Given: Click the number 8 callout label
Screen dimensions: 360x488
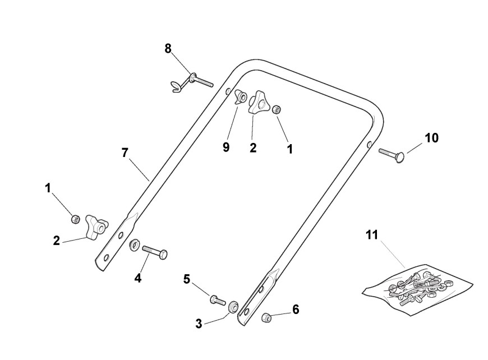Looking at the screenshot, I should click(x=168, y=48).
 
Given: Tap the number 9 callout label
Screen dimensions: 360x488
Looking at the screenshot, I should click(x=226, y=147).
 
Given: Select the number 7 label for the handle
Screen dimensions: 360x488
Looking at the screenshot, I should click(x=125, y=153).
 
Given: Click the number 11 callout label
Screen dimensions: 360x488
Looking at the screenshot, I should click(x=372, y=236).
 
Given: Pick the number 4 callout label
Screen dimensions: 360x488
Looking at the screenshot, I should click(x=137, y=277).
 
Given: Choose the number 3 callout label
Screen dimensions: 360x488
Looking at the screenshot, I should click(x=199, y=324).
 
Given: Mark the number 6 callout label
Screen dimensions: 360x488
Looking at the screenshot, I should click(x=296, y=310).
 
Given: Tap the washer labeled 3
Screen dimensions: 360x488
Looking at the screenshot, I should click(x=231, y=306).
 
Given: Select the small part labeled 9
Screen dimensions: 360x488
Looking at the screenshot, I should click(x=241, y=97).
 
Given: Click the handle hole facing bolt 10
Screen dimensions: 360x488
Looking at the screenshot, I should click(x=369, y=145).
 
